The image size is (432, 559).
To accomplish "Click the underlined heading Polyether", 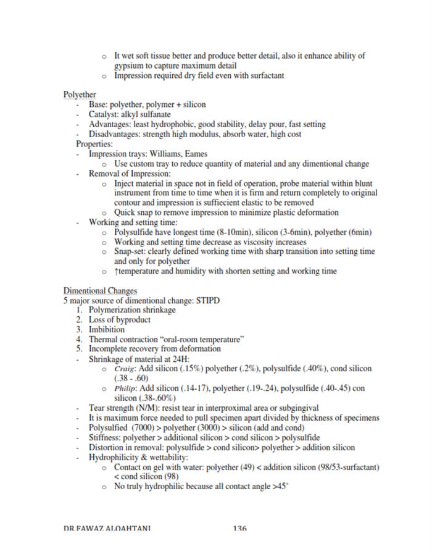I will point(80,95).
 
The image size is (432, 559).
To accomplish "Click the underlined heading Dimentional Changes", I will point(100,290).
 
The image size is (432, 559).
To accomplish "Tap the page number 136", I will point(240,528).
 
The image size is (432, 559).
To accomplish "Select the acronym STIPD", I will point(208,300).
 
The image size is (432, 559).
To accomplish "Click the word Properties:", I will point(94,144).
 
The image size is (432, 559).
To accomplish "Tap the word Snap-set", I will point(131,251).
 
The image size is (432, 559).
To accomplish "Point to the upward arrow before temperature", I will point(116,271).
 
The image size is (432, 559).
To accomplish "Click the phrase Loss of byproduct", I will point(119,319).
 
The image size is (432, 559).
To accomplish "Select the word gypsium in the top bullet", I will point(129,65).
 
